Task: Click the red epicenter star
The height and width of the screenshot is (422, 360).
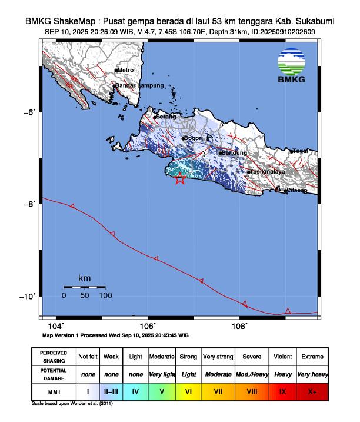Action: [x=180, y=179]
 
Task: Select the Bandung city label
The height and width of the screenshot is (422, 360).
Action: [x=235, y=153]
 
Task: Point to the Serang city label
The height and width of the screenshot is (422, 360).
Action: [x=166, y=117]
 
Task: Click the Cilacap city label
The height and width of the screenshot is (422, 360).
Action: [x=297, y=190]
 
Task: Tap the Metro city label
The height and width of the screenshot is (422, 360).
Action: [x=126, y=70]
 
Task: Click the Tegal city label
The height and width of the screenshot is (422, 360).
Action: [x=301, y=151]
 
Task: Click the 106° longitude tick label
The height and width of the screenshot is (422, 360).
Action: [x=147, y=326]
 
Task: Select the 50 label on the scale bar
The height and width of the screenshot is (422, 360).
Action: [x=85, y=295]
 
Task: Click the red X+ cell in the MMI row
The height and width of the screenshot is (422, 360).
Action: [x=312, y=390]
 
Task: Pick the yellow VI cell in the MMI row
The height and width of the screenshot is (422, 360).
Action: [x=189, y=390]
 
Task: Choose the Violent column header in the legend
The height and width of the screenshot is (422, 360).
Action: [x=282, y=357]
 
